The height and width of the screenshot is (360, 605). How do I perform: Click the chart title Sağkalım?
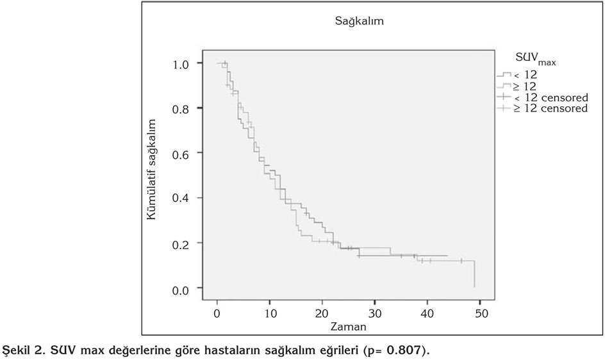pyautogui.click(x=360, y=21)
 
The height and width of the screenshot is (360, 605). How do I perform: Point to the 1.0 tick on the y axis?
pyautogui.click(x=181, y=64)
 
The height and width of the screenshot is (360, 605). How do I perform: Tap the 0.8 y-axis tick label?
pyautogui.click(x=181, y=109)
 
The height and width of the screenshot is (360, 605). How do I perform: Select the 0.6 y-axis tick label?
pyautogui.click(x=181, y=154)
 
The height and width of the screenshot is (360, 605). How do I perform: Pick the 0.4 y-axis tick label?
pyautogui.click(x=181, y=199)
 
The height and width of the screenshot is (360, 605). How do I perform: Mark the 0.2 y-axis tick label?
pyautogui.click(x=181, y=244)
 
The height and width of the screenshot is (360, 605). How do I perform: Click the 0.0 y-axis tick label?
pyautogui.click(x=181, y=290)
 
